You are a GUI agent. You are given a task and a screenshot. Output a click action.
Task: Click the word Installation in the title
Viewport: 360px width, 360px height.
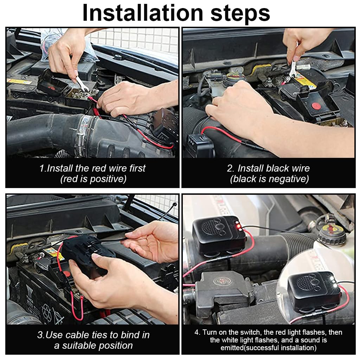pyautogui.click(x=142, y=13)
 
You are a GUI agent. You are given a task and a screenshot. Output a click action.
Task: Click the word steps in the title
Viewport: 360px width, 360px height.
pyautogui.click(x=240, y=13)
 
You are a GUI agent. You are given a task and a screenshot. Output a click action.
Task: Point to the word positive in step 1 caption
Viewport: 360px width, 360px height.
pyautogui.click(x=108, y=179)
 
